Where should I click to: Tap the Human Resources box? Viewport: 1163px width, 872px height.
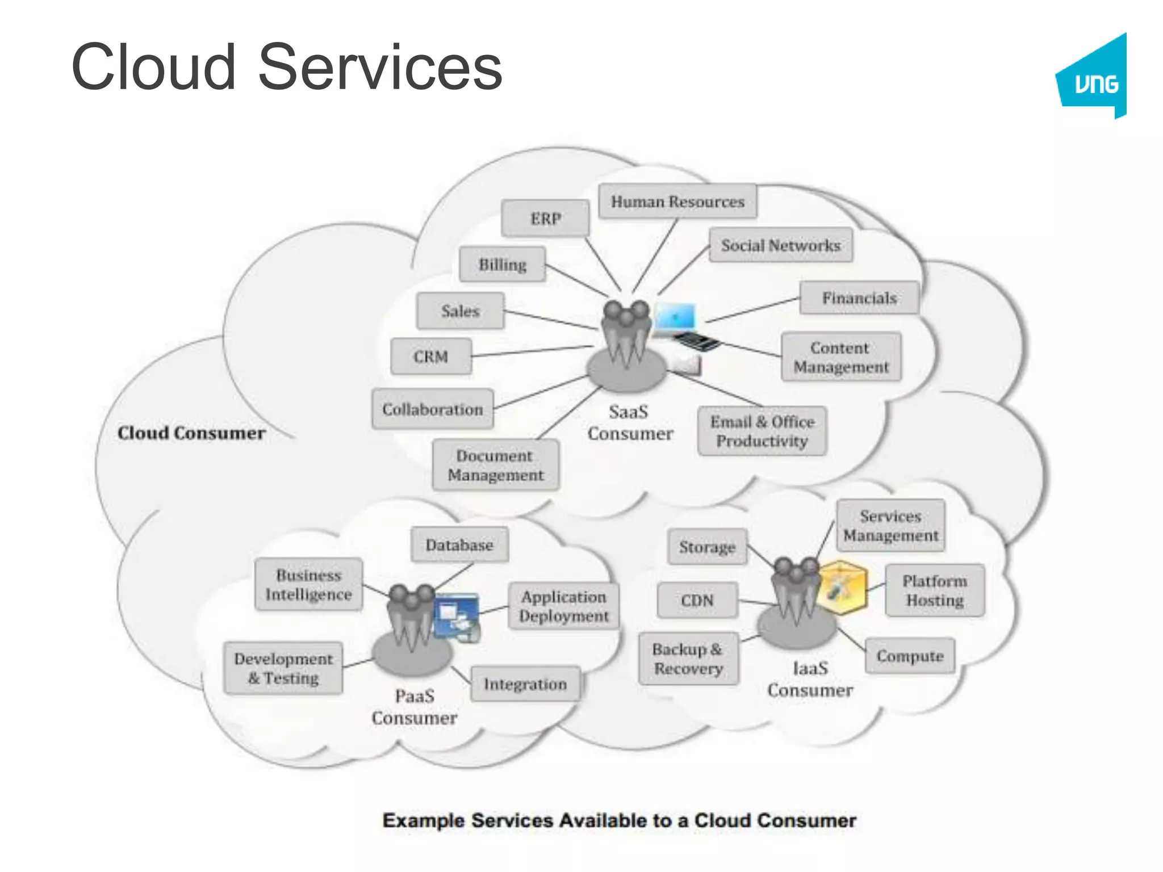[x=677, y=202]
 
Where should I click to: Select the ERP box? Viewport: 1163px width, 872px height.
[x=545, y=219]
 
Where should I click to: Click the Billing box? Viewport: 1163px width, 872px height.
[x=503, y=265]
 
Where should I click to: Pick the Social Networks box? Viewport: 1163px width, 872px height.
[x=781, y=245]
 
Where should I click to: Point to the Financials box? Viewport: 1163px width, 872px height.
[x=859, y=298]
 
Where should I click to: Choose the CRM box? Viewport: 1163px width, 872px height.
[x=431, y=357]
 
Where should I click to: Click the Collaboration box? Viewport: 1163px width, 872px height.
[x=433, y=409]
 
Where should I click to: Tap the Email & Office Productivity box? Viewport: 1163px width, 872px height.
[x=762, y=431]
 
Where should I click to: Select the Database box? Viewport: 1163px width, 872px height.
[x=459, y=545]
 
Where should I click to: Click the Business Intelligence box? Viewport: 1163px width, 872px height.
[x=308, y=584]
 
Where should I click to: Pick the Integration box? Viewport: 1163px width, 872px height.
[x=525, y=684]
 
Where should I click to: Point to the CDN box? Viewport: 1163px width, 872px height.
[x=697, y=600]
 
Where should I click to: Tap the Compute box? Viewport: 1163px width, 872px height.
[x=910, y=656]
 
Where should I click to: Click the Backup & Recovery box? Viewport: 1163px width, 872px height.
[x=688, y=659]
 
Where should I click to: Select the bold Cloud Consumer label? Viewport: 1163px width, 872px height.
[x=191, y=433]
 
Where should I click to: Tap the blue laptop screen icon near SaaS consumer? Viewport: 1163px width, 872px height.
[x=675, y=316]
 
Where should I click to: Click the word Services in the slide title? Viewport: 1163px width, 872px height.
[x=380, y=68]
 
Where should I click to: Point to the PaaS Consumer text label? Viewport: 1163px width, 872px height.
[x=415, y=707]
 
